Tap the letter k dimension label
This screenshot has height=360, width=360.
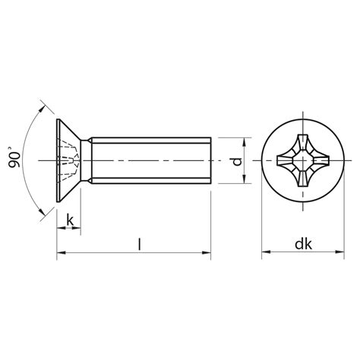pos(70,219)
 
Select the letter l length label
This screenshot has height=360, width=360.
pos(139,244)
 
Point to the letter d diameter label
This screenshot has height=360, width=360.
pos(237,161)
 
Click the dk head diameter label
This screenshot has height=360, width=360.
pos(303,245)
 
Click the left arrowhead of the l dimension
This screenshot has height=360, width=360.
pos(62,252)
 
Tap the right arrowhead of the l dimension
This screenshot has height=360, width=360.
pos(206,252)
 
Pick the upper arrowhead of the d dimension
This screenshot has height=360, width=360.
pos(245,142)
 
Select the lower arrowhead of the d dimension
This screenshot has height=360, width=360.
pos(245,178)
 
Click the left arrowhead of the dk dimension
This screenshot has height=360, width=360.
pos(267,252)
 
